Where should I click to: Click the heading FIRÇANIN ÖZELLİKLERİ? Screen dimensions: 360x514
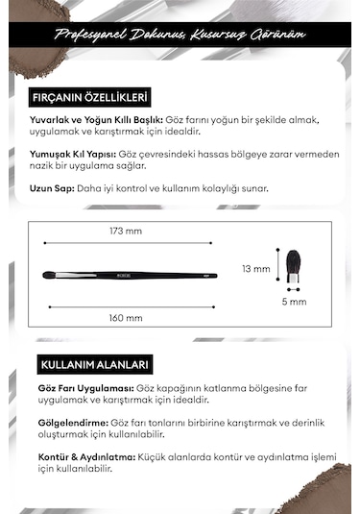[92, 97]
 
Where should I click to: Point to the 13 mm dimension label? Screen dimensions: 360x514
[255, 269]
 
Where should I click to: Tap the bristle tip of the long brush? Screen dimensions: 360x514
[51, 275]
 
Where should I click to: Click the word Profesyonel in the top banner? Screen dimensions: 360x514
[88, 37]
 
